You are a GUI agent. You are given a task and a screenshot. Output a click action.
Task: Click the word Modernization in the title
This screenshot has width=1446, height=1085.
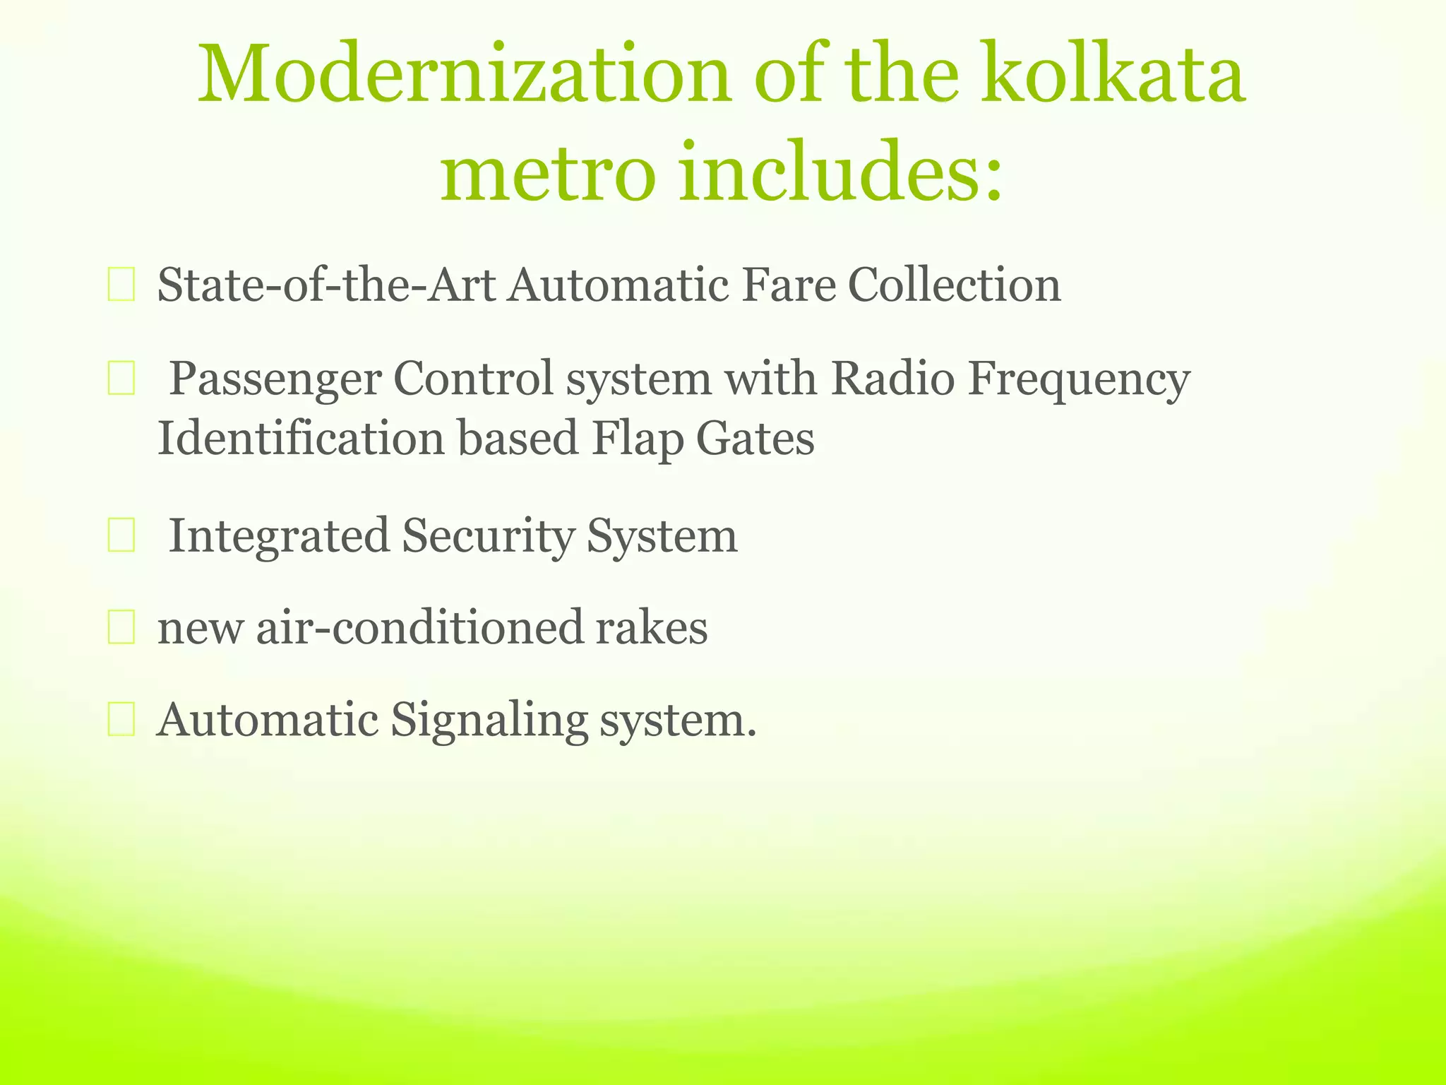[463, 74]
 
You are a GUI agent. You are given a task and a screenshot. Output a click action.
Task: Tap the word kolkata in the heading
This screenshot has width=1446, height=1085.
[1113, 74]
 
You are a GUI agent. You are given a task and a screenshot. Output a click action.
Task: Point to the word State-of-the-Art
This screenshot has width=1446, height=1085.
[326, 285]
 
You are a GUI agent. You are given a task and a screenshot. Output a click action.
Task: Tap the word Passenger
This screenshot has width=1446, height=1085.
[275, 379]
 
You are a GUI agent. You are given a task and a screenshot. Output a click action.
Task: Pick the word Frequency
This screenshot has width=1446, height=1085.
[1079, 379]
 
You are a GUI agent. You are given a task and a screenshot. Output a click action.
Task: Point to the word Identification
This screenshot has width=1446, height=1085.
[301, 438]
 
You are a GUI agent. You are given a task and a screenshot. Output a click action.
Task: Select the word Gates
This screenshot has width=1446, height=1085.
[755, 438]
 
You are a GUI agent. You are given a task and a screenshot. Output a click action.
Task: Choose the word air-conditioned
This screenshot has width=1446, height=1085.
[419, 628]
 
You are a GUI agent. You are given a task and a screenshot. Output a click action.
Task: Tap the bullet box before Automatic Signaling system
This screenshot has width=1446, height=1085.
[121, 721]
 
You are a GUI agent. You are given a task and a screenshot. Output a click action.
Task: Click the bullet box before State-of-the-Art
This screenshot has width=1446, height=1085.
[121, 286]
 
